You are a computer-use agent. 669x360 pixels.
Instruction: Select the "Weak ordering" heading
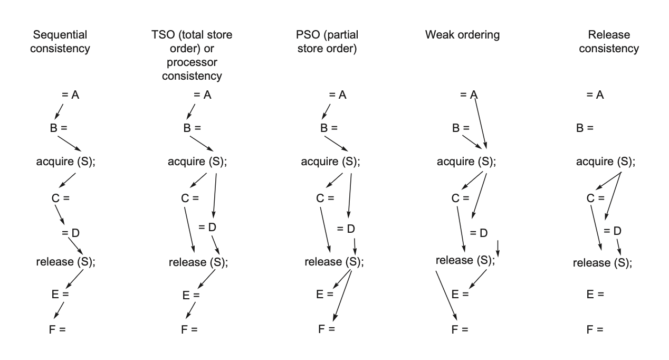click(462, 35)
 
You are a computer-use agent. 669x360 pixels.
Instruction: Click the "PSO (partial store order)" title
click(327, 42)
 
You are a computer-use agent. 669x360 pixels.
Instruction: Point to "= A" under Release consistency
click(595, 95)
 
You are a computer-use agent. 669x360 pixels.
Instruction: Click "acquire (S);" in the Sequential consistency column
click(65, 162)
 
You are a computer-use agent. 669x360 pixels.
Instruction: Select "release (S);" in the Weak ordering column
click(465, 260)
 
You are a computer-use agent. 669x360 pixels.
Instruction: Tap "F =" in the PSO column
click(326, 329)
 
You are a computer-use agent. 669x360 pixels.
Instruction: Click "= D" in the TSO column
click(207, 228)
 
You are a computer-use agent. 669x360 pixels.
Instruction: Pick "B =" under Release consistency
click(585, 128)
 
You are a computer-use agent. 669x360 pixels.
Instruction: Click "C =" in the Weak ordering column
click(460, 198)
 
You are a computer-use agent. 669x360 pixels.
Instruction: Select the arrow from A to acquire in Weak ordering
click(480, 122)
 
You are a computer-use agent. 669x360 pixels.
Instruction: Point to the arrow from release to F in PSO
click(343, 296)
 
